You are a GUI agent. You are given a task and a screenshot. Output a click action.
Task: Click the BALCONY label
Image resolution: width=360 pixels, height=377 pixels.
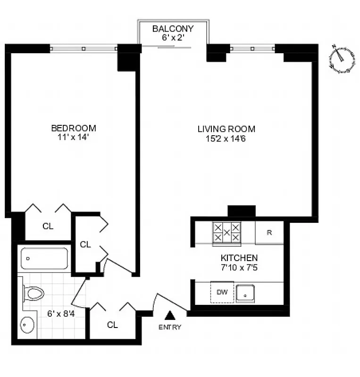[x=173, y=29]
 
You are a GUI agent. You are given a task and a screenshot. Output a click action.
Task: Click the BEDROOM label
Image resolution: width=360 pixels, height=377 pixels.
[x=73, y=128]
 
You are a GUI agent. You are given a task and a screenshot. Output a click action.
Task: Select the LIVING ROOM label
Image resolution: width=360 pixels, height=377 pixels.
[x=226, y=129]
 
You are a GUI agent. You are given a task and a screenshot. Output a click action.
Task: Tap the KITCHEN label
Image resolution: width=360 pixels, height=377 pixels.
[x=239, y=258]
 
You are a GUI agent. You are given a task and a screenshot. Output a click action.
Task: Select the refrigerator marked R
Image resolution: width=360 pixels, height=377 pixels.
[x=269, y=233]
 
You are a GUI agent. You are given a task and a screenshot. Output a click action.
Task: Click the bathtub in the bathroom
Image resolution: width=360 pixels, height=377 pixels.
[x=44, y=258]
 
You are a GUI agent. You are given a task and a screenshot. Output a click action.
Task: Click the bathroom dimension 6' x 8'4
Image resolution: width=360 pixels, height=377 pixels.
[x=60, y=312]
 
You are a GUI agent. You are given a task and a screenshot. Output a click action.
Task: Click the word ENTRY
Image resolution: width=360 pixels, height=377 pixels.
[x=170, y=327]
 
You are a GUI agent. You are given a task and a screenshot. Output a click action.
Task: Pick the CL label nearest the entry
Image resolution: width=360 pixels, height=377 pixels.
[x=112, y=325]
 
